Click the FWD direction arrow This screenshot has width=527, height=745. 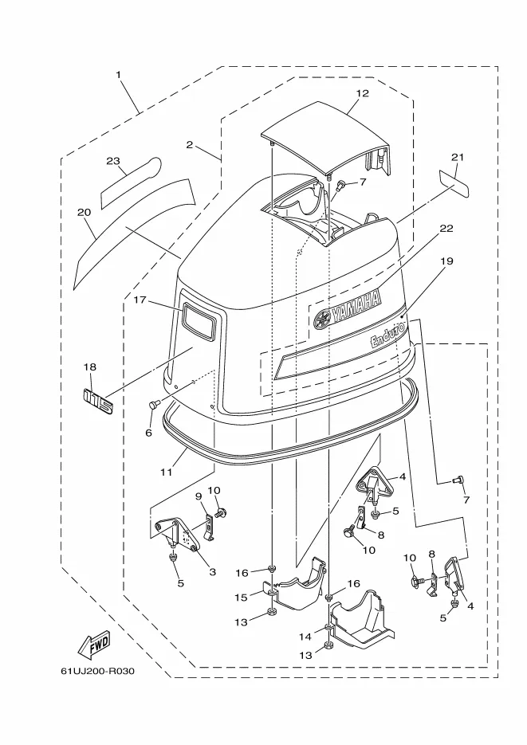93,645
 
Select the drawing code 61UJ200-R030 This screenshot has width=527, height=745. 97,671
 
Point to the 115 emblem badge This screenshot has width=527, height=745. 99,401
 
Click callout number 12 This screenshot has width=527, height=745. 362,93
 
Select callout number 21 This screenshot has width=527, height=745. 457,157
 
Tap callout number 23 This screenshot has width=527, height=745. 113,161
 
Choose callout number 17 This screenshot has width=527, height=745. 140,300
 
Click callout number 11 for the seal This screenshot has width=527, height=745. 166,472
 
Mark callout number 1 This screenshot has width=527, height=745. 118,75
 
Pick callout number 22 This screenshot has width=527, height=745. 446,228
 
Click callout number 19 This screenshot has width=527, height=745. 446,261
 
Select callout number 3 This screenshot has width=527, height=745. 212,572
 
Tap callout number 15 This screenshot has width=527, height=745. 241,597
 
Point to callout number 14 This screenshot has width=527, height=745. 305,636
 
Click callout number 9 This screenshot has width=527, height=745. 199,496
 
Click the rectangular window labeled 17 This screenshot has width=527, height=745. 199,321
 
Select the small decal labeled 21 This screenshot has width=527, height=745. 454,183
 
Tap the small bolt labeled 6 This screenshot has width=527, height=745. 154,405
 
